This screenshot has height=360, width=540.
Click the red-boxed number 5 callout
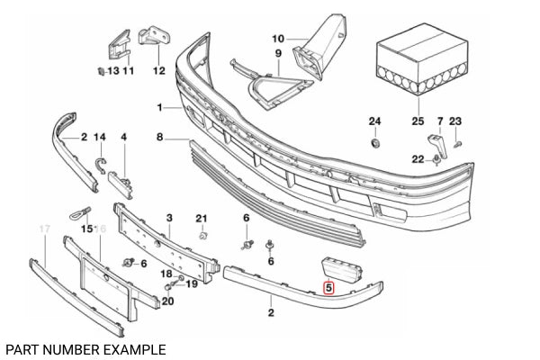(328, 289)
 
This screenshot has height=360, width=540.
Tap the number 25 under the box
(417, 121)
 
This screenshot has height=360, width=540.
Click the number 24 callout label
(375, 121)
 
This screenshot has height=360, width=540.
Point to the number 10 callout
(277, 39)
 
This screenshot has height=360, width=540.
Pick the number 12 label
(159, 70)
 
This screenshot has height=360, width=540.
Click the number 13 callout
(112, 70)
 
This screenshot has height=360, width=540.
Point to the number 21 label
(202, 219)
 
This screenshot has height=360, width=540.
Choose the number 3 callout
(168, 219)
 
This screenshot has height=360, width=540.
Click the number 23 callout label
(454, 121)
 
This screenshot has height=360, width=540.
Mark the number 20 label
(168, 301)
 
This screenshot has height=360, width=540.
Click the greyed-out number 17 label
(43, 230)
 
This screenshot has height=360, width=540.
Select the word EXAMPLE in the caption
(132, 348)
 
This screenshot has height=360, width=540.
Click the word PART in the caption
(20, 348)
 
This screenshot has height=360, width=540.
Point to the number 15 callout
(87, 230)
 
